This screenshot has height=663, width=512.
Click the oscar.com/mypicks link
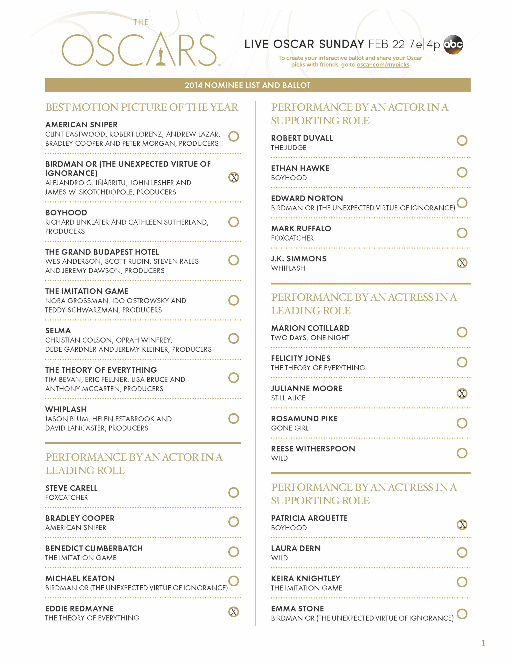tap(383, 65)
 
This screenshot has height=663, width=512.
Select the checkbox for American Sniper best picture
tap(233, 136)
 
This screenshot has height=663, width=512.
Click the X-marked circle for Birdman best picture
tap(233, 177)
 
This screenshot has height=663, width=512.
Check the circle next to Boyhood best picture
tap(233, 222)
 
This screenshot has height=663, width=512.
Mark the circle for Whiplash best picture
tap(233, 418)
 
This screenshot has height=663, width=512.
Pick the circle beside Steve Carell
tap(233, 492)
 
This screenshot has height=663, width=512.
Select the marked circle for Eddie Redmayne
tap(233, 612)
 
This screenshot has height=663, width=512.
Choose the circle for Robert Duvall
tap(462, 141)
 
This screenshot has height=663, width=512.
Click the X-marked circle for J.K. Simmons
tap(462, 263)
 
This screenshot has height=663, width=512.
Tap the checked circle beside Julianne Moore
tap(462, 393)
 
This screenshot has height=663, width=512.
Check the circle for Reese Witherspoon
tap(462, 453)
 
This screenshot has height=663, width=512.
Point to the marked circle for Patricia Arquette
tap(462, 524)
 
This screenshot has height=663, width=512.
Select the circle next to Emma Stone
tap(462, 614)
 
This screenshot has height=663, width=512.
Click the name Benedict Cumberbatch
tap(94, 548)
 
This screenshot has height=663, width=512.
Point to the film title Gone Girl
tap(290, 428)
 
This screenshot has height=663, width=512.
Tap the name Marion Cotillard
tap(310, 328)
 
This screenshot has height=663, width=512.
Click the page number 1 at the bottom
tap(483, 643)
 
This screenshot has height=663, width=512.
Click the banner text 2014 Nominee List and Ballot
tap(247, 85)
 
